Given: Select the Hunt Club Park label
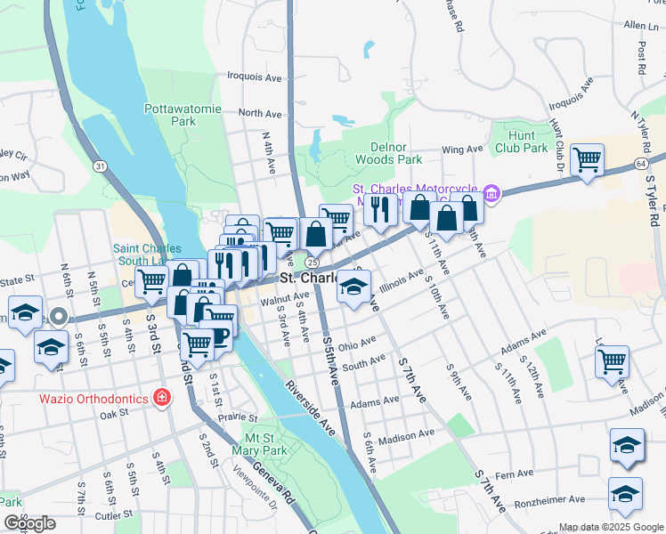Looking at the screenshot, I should pyautogui.click(x=523, y=142).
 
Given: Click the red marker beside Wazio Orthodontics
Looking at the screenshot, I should pyautogui.click(x=162, y=397).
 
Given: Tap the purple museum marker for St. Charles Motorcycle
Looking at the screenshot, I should pyautogui.click(x=491, y=193).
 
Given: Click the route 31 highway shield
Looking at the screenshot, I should pyautogui.click(x=102, y=166).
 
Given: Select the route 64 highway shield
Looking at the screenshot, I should pyautogui.click(x=641, y=164).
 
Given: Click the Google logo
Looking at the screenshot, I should pyautogui.click(x=29, y=523).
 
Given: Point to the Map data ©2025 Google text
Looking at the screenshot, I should pyautogui.click(x=611, y=527).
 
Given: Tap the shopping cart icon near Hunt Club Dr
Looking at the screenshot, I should pyautogui.click(x=587, y=160).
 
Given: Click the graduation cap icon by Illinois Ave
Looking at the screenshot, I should pyautogui.click(x=353, y=287).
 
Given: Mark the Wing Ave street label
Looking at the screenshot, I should pyautogui.click(x=460, y=150).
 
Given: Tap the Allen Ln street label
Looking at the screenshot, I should pyautogui.click(x=646, y=27).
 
